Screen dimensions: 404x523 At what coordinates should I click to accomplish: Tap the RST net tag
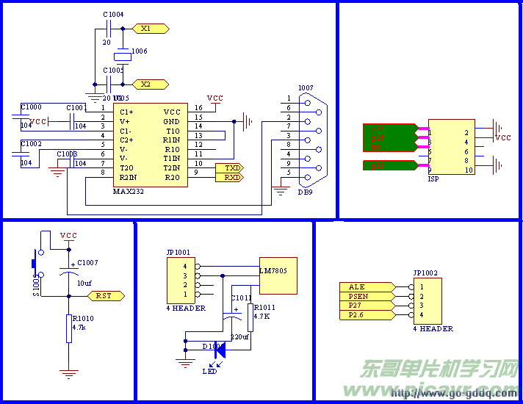point(107,295)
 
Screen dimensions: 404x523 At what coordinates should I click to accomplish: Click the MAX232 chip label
point(129,191)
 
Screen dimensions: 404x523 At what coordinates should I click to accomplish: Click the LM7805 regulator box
point(278,275)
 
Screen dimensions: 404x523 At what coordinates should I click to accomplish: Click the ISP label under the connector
point(433,178)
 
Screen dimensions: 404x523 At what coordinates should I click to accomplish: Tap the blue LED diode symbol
point(219,351)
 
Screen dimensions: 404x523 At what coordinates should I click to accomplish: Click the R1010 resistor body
point(68,328)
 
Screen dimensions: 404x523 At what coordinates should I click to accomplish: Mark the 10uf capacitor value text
point(84,283)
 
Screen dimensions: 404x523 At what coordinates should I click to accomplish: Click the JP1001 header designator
point(178,253)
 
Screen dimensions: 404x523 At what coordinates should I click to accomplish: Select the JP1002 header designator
point(425,273)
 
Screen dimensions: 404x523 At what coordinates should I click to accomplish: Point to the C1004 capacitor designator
point(113,14)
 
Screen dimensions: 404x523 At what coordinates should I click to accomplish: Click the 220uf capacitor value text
point(240,336)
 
